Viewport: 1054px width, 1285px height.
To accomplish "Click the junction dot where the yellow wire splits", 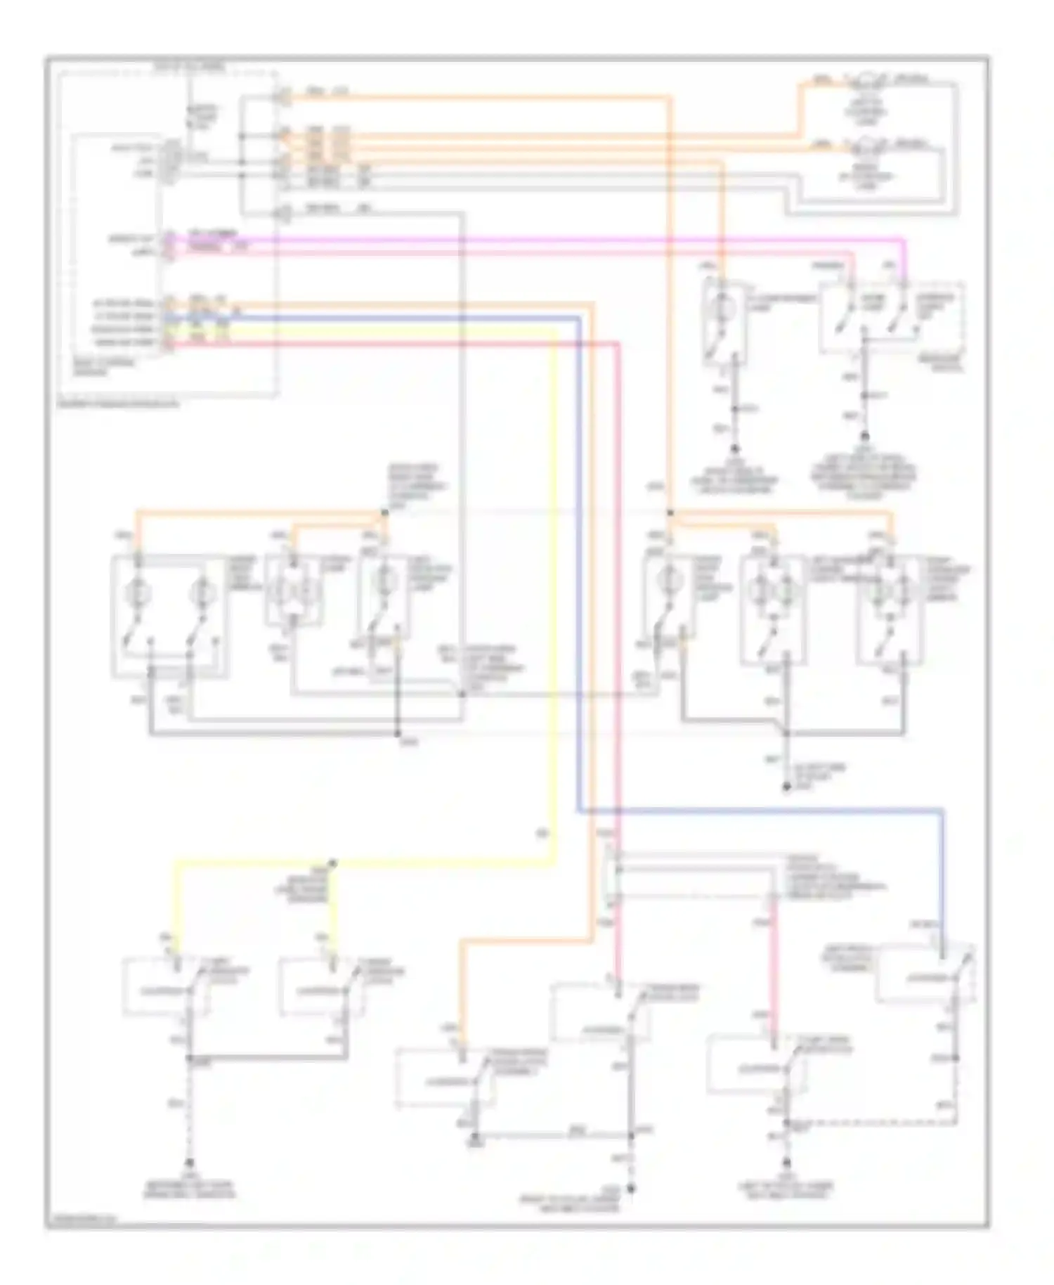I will point(333,863).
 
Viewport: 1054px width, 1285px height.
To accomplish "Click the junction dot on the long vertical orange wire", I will point(669,514).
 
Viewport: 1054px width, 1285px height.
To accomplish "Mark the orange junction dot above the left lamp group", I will point(384,513).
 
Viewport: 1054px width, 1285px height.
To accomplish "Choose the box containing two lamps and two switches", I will point(169,616).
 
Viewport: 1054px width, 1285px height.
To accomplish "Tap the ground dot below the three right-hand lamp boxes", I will point(786,787).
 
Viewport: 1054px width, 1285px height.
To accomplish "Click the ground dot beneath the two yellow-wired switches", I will point(189,1163).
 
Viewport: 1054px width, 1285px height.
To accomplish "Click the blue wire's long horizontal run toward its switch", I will point(759,812).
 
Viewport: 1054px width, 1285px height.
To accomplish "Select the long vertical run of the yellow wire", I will point(555,598).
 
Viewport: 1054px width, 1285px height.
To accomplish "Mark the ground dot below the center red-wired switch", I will point(631,1188).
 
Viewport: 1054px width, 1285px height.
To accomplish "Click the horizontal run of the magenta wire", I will point(562,240).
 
